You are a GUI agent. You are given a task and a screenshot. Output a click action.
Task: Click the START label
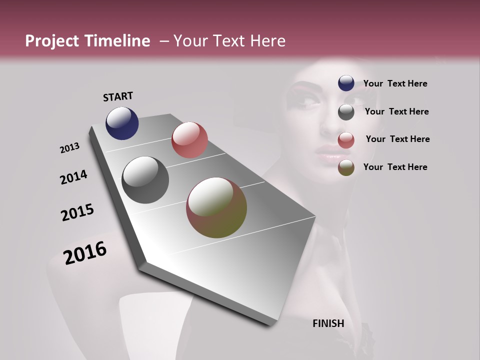[x=118, y=96]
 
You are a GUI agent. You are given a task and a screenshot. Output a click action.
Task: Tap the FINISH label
[x=328, y=323]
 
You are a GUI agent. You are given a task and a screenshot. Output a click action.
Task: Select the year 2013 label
[x=70, y=148]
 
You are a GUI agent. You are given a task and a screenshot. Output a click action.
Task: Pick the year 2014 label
[x=73, y=177]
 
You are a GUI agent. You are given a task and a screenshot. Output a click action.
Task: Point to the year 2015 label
[x=77, y=212]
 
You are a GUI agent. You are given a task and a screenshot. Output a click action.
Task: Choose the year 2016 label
[x=85, y=253]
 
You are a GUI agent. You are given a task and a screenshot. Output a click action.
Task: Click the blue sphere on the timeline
[x=122, y=123]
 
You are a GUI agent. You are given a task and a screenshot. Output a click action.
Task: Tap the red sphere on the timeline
[x=189, y=140]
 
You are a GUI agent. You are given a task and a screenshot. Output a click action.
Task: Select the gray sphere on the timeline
[x=145, y=180]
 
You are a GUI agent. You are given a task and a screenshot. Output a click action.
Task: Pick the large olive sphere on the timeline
[x=216, y=207]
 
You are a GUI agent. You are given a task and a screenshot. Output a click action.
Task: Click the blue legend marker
[x=346, y=83]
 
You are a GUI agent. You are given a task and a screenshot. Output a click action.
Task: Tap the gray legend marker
[x=346, y=112]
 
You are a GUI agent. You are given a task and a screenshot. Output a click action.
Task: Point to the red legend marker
[x=346, y=140]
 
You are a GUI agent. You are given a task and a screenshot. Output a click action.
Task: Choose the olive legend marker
[x=346, y=167]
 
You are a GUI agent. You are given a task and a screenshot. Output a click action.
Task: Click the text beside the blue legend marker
[x=395, y=83]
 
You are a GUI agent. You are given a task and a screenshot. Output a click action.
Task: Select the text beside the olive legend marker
[x=395, y=167]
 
